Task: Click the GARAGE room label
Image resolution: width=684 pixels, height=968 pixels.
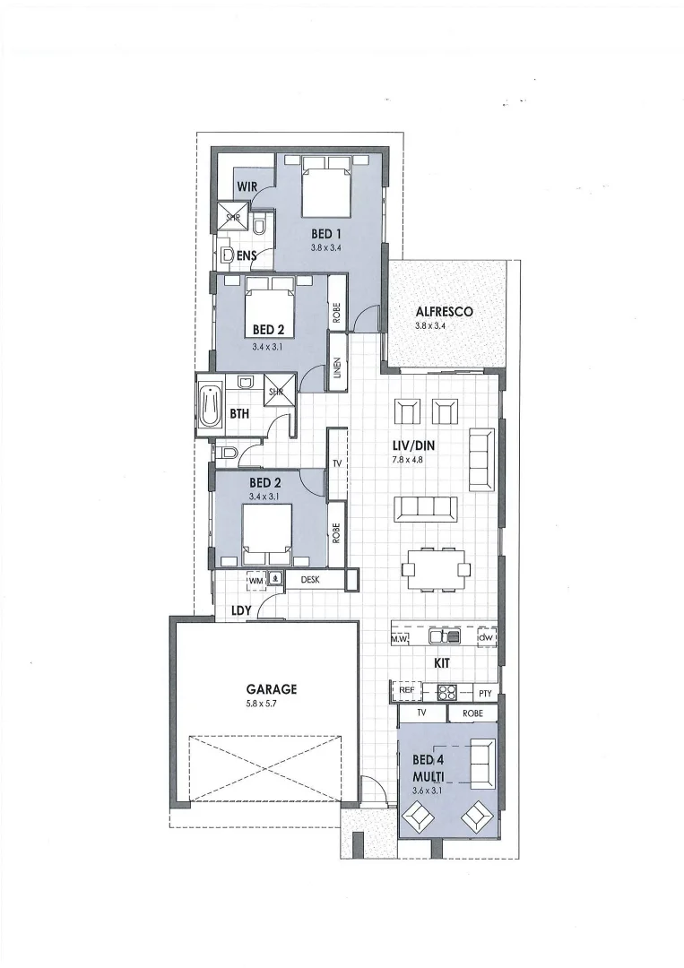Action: pos(271,689)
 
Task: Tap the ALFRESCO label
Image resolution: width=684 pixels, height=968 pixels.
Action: pos(444,312)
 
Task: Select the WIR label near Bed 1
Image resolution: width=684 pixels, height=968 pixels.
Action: pos(247,186)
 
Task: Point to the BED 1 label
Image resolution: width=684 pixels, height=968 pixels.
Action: pos(326,233)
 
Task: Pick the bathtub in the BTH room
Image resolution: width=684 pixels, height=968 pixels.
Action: pos(211,407)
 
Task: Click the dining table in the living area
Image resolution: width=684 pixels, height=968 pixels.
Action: pos(435,568)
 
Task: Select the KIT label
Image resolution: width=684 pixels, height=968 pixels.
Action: pos(441,663)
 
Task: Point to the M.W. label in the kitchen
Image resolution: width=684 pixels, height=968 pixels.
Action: pos(400,638)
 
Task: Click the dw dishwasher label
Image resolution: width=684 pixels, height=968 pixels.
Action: pos(486,637)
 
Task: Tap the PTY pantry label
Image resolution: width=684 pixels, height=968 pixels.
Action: pos(485,692)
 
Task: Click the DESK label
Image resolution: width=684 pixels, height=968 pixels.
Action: pos(310,580)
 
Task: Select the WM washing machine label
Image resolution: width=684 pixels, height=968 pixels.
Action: pos(255,580)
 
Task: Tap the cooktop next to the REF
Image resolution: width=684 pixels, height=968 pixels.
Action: pos(447,691)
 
